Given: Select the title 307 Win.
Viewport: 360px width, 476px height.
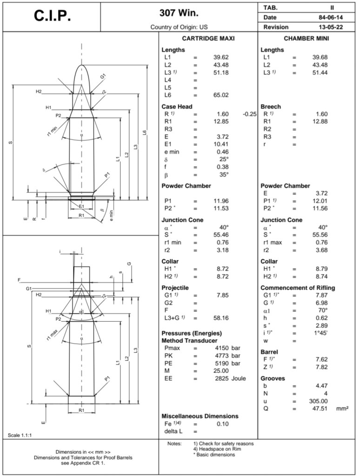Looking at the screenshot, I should coord(179,13).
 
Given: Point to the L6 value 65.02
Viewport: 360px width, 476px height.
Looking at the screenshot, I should coord(221,95).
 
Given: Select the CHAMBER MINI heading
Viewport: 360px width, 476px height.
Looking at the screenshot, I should coord(307,39).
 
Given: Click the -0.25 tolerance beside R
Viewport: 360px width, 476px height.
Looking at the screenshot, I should coord(250,114).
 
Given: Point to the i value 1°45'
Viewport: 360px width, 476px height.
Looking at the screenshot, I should coord(320,332).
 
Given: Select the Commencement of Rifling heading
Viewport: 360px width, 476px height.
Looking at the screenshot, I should coord(298,288).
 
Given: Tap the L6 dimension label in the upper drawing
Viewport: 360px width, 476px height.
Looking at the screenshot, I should coord(145,133).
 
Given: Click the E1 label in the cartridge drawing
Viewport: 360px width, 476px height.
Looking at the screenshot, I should coord(81,206).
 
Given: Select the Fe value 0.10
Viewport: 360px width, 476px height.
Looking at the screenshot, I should coord(223,424).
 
